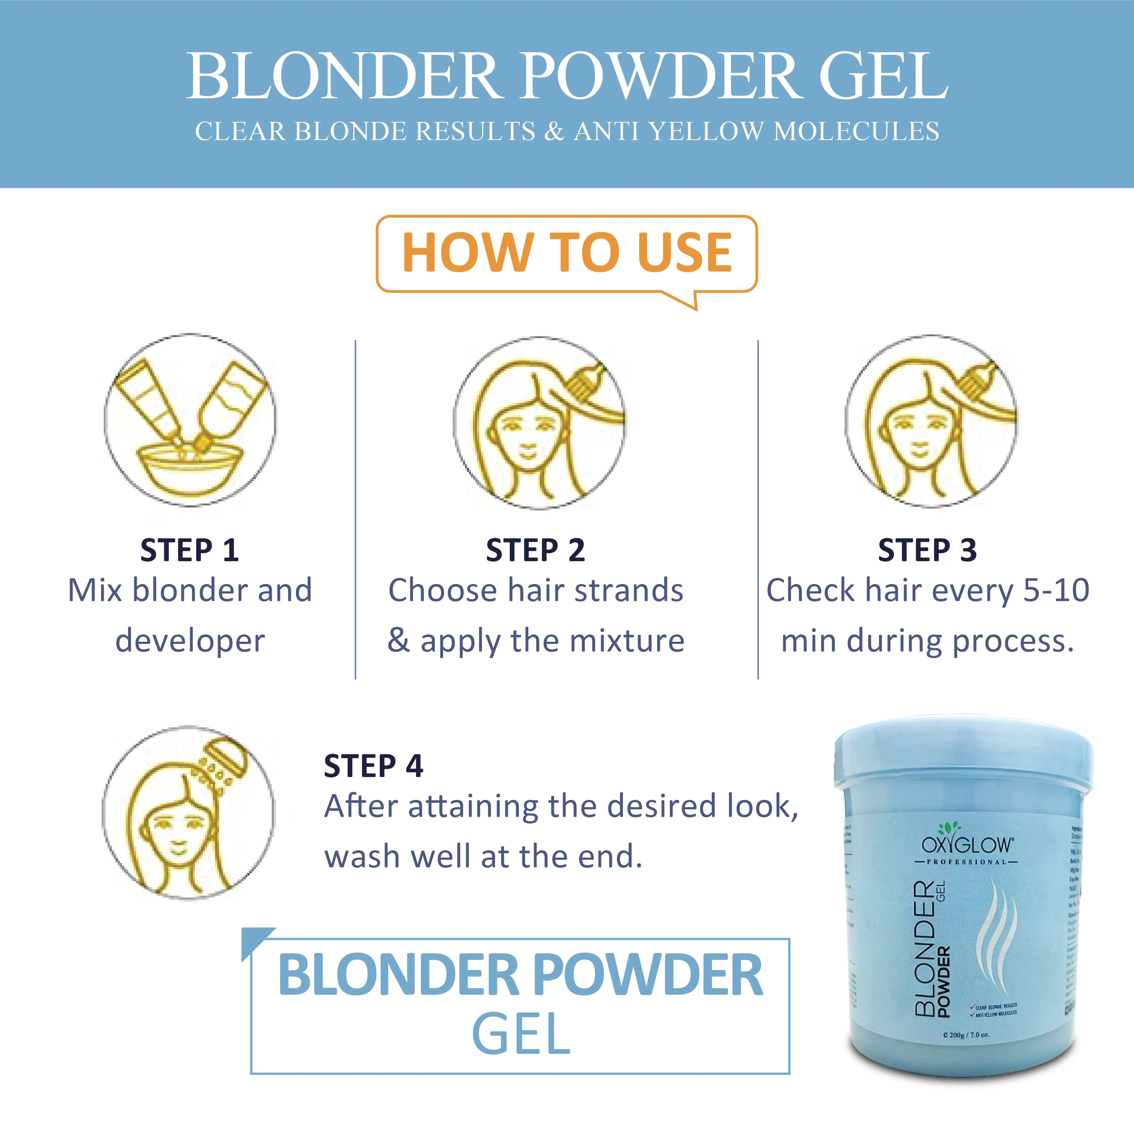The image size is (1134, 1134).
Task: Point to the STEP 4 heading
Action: (373, 766)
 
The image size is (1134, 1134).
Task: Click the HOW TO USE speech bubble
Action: (566, 254)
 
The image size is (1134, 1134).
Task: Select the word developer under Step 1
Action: (190, 640)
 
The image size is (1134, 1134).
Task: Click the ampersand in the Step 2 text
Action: (399, 640)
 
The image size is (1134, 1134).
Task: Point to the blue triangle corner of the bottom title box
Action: (252, 939)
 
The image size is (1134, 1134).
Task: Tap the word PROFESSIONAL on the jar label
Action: (966, 862)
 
